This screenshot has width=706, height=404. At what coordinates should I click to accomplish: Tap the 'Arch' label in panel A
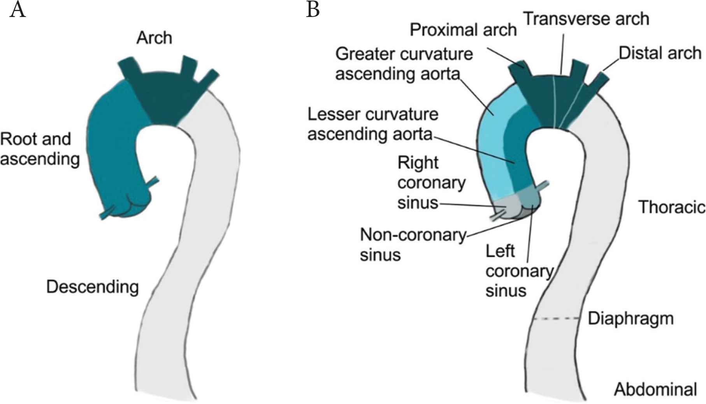point(154,38)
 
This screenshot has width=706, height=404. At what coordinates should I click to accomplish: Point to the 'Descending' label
point(92,287)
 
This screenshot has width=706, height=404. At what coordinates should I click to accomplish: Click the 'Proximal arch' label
point(463,30)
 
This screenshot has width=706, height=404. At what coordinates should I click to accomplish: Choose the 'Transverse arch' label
point(586,19)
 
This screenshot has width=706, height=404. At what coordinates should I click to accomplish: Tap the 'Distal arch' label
point(660,53)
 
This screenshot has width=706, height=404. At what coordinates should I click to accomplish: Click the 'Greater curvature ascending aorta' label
point(404,64)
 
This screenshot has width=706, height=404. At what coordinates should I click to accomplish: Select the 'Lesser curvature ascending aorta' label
point(372,124)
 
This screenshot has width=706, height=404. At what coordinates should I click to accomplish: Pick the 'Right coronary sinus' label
point(431,183)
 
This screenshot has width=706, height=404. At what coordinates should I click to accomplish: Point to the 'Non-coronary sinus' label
point(413,244)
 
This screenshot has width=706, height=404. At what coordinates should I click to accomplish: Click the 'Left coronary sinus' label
point(518,271)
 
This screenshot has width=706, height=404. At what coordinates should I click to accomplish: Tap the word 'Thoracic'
point(671,207)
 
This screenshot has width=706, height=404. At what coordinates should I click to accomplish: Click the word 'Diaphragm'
point(630,318)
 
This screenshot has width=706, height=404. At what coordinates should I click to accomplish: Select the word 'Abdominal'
point(655,389)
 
